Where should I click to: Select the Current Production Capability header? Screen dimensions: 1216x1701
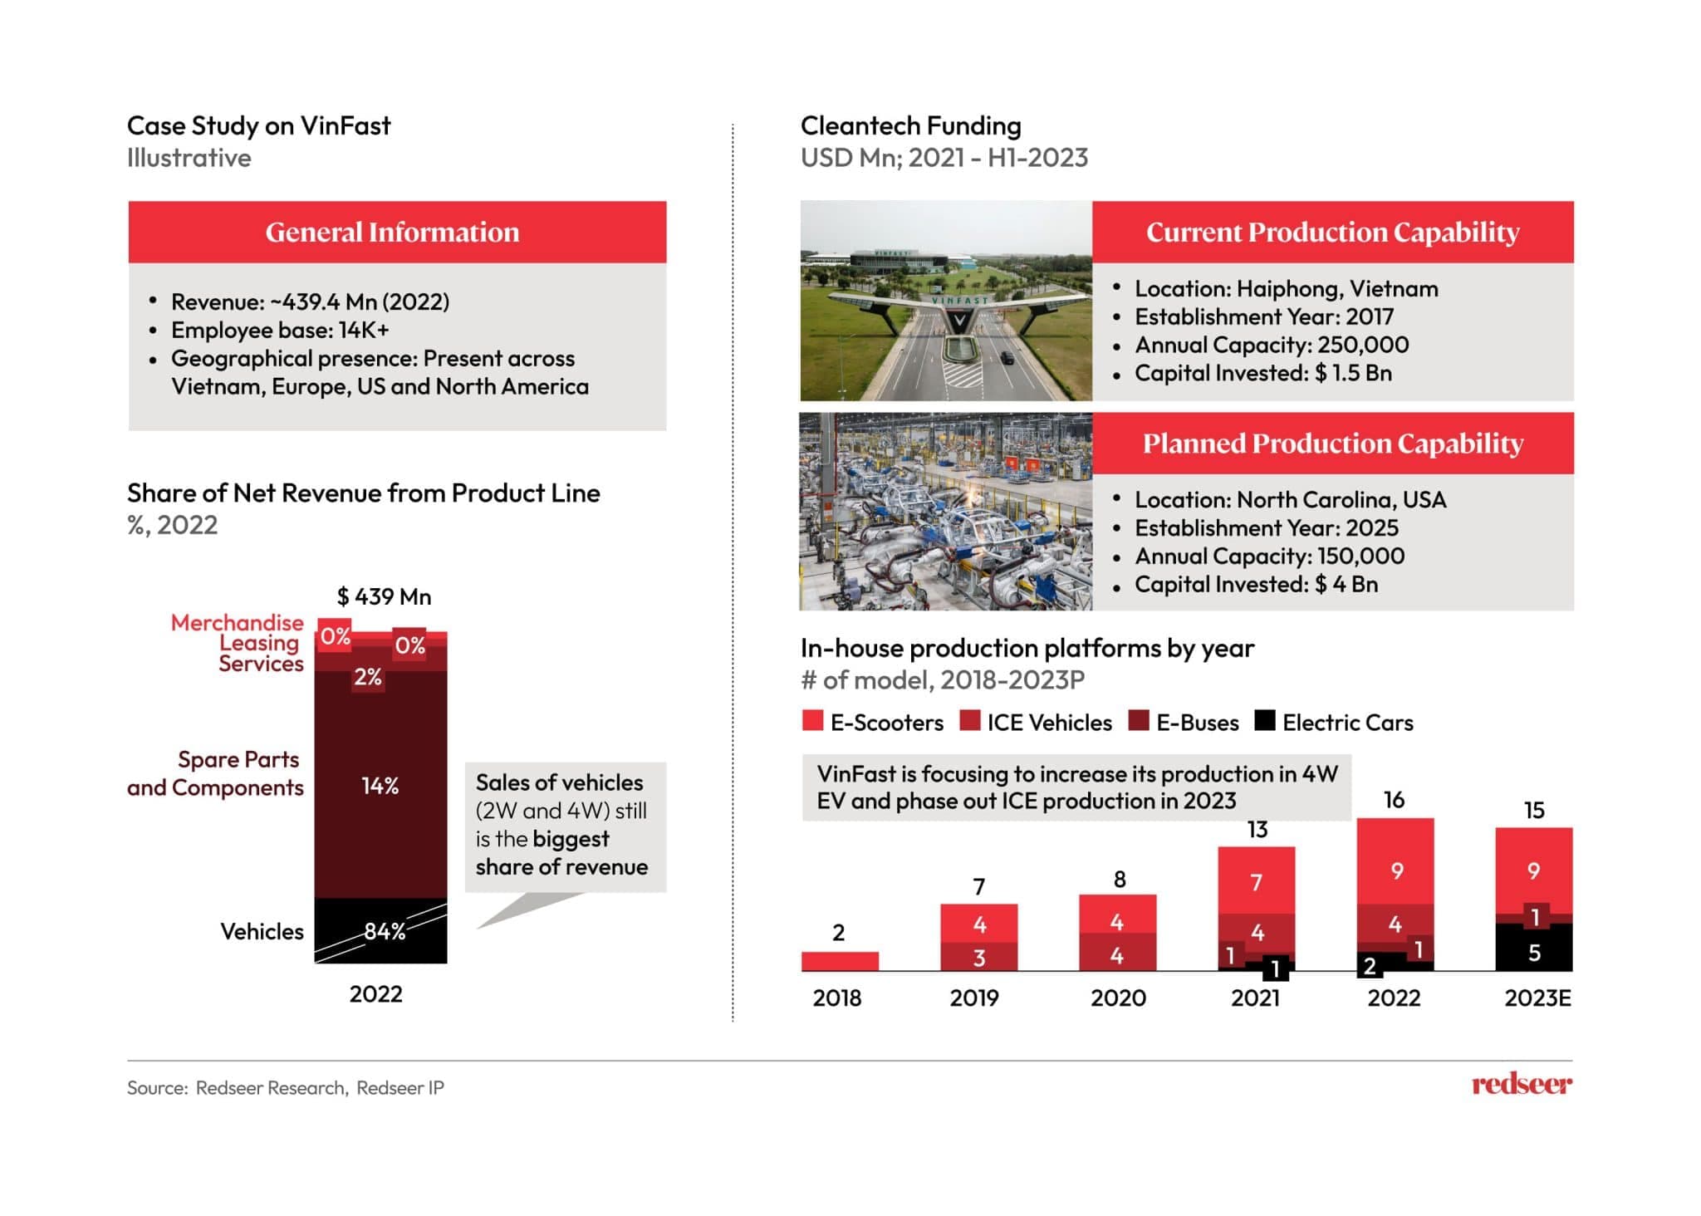[x=1332, y=232]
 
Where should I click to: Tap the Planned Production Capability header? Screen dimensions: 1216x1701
[x=1332, y=444]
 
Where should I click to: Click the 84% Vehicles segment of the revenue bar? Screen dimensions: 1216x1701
[x=381, y=931]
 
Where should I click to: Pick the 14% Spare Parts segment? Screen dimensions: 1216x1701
[x=380, y=785]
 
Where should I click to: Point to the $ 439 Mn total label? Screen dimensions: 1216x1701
[x=384, y=596]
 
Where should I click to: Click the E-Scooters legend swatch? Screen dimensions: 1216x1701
[x=812, y=721]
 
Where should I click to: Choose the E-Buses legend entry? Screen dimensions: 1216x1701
[x=1184, y=723]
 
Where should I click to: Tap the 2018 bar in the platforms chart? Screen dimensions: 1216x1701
[x=840, y=961]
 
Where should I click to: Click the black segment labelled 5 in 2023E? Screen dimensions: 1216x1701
[x=1534, y=952]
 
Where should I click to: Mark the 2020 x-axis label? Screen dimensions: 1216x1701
[x=1118, y=998]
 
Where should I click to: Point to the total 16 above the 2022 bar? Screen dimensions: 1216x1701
[x=1394, y=800]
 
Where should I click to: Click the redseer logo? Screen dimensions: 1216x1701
[x=1521, y=1084]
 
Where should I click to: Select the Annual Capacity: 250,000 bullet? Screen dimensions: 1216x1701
[x=1271, y=345]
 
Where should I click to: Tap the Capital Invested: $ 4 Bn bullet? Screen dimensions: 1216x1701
[x=1256, y=585]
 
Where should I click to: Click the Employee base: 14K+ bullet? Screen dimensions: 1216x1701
[x=280, y=331]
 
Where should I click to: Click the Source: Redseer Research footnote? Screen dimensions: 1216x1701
[x=285, y=1088]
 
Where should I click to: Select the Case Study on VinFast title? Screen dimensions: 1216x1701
[x=258, y=125]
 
